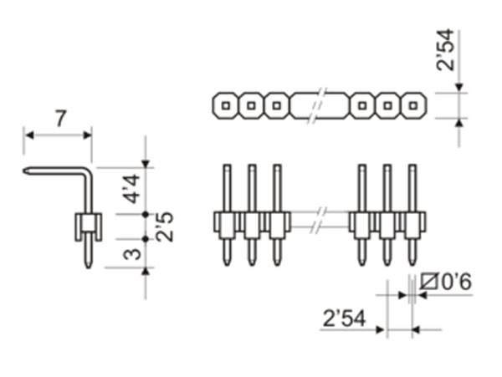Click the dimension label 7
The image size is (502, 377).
click(x=59, y=119)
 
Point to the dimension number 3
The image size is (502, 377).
click(x=130, y=252)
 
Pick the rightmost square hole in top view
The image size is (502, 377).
click(x=412, y=105)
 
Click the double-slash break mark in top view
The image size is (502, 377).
click(x=317, y=106)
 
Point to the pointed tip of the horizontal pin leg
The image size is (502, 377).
click(x=27, y=173)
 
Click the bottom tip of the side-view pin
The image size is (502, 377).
click(x=88, y=265)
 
